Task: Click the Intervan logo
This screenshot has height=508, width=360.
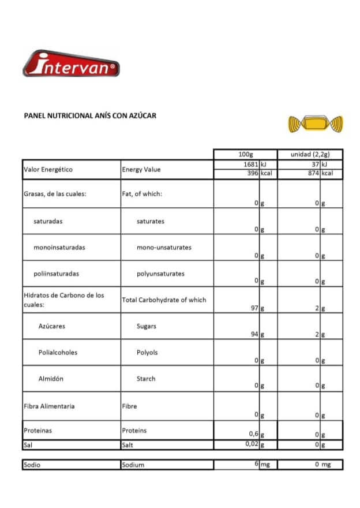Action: pos(71,64)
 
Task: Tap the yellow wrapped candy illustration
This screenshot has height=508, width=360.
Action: pos(315,123)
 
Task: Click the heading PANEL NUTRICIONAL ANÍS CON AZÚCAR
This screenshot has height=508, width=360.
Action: pos(90,115)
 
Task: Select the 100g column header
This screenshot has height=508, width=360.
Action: pos(245,154)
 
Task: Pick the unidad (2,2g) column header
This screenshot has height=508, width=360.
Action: pos(310,154)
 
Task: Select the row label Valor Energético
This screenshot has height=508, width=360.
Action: pos(48,170)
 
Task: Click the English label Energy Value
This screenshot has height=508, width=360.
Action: pos(141,170)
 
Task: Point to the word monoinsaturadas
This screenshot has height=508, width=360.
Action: pos(59,247)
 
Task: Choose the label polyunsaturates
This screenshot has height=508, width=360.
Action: pos(160,274)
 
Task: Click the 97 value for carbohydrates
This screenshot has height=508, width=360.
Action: pos(254,308)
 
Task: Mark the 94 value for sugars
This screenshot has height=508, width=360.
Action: pos(254,335)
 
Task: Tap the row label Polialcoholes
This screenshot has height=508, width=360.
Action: pos(58,352)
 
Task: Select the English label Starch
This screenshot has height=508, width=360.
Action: pos(146,379)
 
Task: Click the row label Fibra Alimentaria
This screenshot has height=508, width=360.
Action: pos(49,406)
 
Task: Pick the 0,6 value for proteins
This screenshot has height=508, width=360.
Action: pos(252,435)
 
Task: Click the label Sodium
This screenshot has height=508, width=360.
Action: pos(133,465)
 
